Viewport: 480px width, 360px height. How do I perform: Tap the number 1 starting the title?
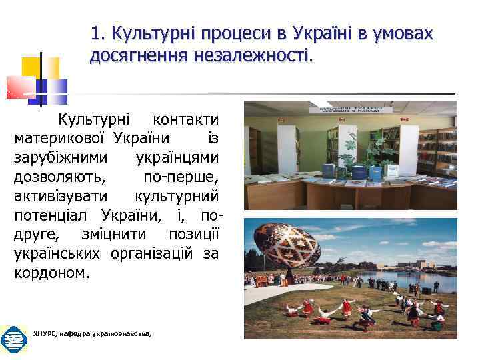click(95, 33)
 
